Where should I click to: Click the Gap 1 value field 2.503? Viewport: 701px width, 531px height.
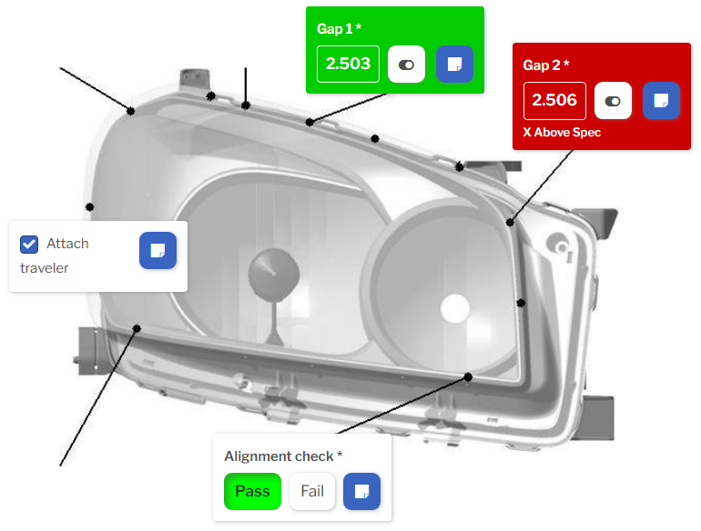348,64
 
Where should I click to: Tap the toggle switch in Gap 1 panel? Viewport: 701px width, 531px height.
406,65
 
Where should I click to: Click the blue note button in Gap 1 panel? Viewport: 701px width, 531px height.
454,65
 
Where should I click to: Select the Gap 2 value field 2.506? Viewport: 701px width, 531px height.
554,101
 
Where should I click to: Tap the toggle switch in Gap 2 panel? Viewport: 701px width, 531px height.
613,101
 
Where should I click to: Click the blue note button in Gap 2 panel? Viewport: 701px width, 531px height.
661,101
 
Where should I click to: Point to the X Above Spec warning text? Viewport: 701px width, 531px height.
562,132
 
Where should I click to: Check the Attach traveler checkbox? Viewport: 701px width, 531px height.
29,245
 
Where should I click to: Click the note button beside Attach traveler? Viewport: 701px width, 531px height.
157,251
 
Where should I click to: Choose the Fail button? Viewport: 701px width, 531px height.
312,491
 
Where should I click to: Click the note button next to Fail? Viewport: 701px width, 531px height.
361,491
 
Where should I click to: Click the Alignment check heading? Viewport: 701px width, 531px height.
283,456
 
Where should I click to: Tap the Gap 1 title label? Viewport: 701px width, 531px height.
339,29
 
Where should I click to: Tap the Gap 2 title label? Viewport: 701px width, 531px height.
546,65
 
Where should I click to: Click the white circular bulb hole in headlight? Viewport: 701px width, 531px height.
454,308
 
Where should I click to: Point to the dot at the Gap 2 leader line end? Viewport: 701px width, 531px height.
510,222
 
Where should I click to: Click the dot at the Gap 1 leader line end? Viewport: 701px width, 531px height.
310,122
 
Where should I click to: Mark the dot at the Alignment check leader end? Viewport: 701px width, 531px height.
468,377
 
